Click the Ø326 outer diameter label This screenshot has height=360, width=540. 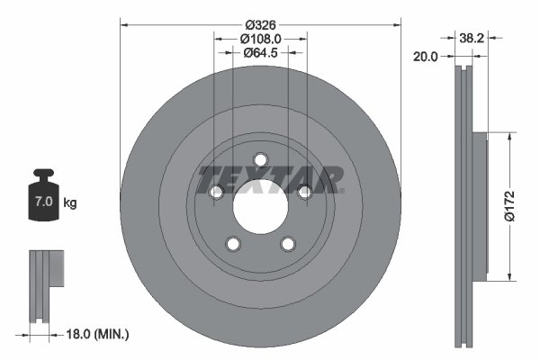click(x=260, y=24)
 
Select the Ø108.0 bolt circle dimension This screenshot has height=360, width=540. click(x=261, y=39)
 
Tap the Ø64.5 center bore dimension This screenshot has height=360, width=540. click(x=261, y=53)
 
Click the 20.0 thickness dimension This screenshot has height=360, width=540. click(x=425, y=56)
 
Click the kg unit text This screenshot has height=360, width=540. click(x=70, y=203)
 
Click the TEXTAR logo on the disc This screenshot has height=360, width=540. click(x=270, y=180)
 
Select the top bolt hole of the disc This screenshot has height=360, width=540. click(x=260, y=160)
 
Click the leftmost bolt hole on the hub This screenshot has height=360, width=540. click(x=216, y=192)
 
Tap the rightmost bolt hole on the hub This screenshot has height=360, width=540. click(x=304, y=192)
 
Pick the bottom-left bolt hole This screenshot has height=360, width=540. click(x=233, y=244)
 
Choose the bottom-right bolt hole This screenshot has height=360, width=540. click(x=288, y=244)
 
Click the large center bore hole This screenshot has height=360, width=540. click(x=260, y=207)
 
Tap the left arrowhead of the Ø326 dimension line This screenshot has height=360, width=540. click(x=124, y=24)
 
